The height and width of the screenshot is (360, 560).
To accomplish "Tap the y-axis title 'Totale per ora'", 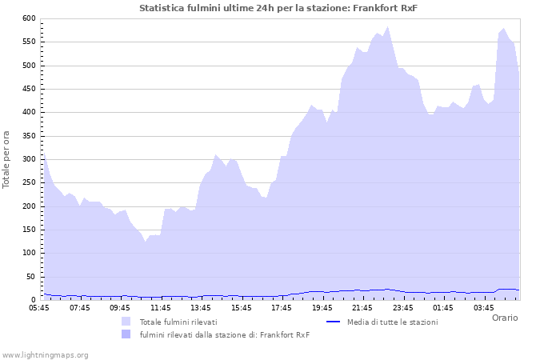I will (7, 159).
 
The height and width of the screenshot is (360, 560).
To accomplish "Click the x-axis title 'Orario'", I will (505, 318).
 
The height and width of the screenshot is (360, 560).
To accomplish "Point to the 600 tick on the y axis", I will (29, 18).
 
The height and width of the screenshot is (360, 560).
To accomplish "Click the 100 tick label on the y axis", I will (29, 254).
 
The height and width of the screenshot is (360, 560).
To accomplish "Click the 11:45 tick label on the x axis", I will (161, 307).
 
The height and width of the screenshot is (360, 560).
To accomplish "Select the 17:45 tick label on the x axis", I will (282, 307).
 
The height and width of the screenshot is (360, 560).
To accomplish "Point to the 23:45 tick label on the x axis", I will (403, 307).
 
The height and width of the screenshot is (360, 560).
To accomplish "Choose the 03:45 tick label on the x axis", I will (484, 307).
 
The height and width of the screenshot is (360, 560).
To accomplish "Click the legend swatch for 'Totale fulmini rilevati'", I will (126, 322).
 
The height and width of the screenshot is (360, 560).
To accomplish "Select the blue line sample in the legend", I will (338, 322).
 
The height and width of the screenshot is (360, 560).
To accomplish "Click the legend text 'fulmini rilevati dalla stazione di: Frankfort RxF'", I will (224, 334).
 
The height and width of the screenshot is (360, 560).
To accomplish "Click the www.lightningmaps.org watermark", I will (45, 354).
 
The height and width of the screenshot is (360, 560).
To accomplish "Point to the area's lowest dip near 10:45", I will (146, 241).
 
